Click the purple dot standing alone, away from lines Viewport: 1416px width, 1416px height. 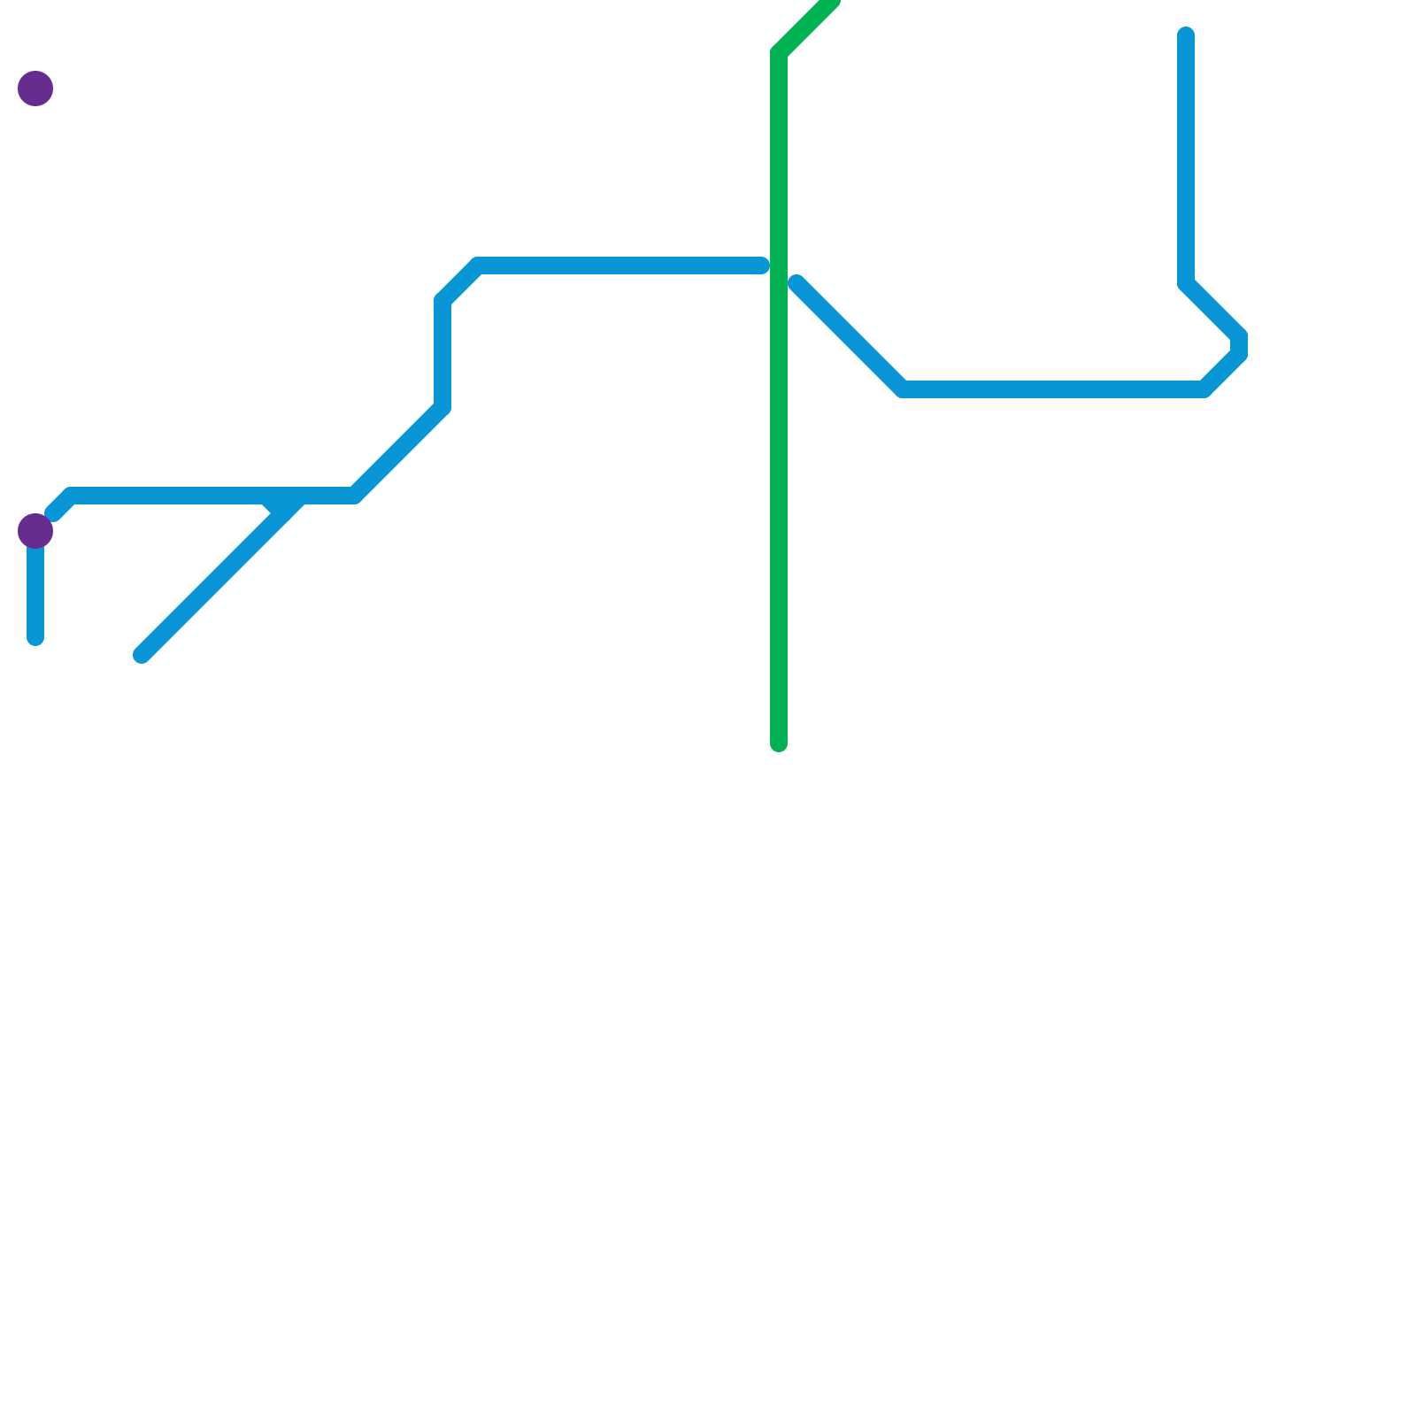[35, 88]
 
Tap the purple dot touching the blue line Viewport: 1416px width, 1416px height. [35, 531]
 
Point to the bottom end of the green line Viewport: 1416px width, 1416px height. [779, 744]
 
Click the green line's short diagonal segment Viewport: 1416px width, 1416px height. [805, 27]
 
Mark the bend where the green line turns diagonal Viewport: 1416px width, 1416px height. [779, 53]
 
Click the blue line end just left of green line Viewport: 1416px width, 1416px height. [762, 265]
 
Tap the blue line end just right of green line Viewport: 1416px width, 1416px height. [796, 283]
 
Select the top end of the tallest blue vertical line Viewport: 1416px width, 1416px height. [1186, 35]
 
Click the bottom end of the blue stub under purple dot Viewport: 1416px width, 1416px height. [35, 638]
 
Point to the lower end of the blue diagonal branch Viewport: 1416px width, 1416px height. [142, 655]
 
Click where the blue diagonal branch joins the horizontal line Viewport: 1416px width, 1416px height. [296, 497]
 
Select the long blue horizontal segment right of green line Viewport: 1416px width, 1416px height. [1053, 389]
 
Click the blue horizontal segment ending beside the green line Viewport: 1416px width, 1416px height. [619, 265]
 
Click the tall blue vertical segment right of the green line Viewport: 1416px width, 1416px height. [1186, 159]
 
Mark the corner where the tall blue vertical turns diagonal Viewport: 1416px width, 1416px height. [1186, 283]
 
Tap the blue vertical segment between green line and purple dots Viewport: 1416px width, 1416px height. [442, 354]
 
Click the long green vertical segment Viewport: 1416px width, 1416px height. [779, 398]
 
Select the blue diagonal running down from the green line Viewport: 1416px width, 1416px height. [850, 336]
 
